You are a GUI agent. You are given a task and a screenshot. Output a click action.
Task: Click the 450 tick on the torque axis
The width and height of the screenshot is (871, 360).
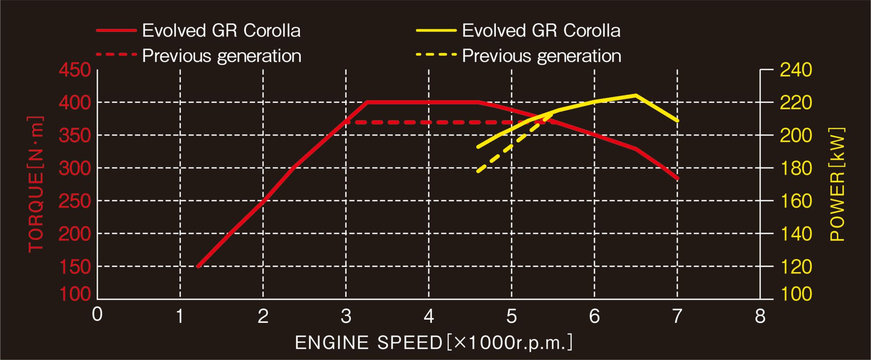[x=75, y=70]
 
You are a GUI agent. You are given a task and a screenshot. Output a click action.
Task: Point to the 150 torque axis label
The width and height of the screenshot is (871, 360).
[x=75, y=267]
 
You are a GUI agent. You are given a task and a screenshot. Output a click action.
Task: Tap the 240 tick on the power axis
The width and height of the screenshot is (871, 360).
[x=796, y=70]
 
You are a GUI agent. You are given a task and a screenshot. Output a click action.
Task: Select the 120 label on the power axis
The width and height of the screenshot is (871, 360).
[x=796, y=267]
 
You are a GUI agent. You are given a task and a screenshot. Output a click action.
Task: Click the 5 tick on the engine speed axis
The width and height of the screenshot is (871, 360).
[x=512, y=316]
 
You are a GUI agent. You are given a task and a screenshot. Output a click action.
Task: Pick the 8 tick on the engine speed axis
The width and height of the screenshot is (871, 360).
[x=760, y=316]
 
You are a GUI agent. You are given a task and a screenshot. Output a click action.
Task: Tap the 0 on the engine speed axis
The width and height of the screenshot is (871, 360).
[x=97, y=314]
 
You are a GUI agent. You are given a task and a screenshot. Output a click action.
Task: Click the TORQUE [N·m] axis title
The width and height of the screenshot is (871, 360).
[x=36, y=184]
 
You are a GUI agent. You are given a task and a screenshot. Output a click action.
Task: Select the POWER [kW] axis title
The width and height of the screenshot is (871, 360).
[x=837, y=184]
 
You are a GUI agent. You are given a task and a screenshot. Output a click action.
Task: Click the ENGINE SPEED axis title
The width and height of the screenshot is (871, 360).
[x=433, y=343]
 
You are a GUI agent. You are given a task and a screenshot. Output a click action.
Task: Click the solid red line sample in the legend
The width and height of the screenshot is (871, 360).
[x=116, y=30]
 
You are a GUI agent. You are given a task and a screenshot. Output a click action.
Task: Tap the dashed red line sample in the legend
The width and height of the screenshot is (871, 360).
[x=116, y=55]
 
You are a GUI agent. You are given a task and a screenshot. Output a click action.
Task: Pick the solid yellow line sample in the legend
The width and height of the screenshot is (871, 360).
[x=436, y=30]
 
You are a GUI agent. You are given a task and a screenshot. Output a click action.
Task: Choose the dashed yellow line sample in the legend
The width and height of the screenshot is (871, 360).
[x=436, y=55]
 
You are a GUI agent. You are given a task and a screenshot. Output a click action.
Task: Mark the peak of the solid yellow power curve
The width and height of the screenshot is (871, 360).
[x=636, y=95]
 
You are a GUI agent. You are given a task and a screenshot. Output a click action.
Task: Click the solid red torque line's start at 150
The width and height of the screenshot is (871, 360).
[x=198, y=266]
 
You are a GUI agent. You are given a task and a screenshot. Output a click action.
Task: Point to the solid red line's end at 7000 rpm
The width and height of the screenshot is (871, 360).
[x=677, y=178]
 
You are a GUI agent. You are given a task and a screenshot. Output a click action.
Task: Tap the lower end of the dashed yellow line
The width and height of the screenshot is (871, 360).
[x=478, y=171]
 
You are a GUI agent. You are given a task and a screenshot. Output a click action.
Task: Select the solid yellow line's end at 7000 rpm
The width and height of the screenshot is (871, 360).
[x=677, y=121]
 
